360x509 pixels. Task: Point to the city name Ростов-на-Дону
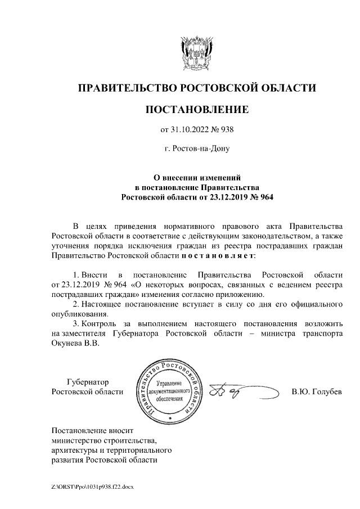point(196,149)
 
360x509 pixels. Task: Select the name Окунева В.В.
point(75,344)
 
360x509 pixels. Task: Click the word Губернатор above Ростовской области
point(89,381)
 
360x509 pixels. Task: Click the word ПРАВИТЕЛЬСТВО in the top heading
point(126,88)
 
